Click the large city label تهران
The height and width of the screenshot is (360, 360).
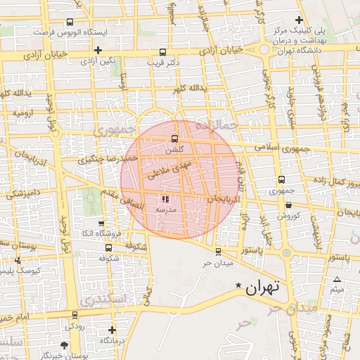[x=263, y=287]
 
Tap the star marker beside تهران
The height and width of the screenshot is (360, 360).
[x=239, y=285]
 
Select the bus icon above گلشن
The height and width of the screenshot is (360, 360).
[x=174, y=138]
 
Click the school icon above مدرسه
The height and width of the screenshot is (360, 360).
[x=165, y=200]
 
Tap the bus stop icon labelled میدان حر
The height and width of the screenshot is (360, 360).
[x=218, y=251]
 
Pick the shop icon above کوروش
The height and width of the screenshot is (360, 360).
[x=289, y=205]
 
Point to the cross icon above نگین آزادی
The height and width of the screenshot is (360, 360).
[x=98, y=50]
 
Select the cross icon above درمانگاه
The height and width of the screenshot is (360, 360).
[x=112, y=329]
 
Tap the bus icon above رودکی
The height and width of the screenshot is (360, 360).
[x=75, y=315]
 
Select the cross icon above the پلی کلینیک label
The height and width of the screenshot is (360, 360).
[x=299, y=20]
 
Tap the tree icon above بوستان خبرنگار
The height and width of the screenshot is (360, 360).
[x=65, y=345]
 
